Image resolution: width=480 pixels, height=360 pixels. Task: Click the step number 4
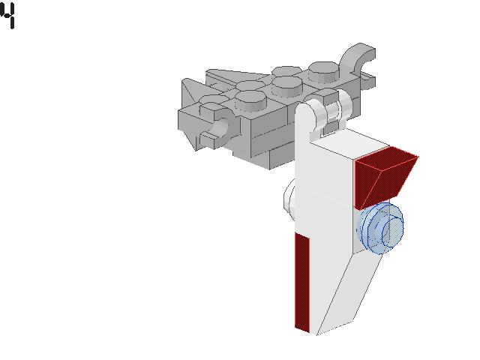tap(8, 16)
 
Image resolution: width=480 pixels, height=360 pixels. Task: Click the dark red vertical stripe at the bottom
tap(302, 282)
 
